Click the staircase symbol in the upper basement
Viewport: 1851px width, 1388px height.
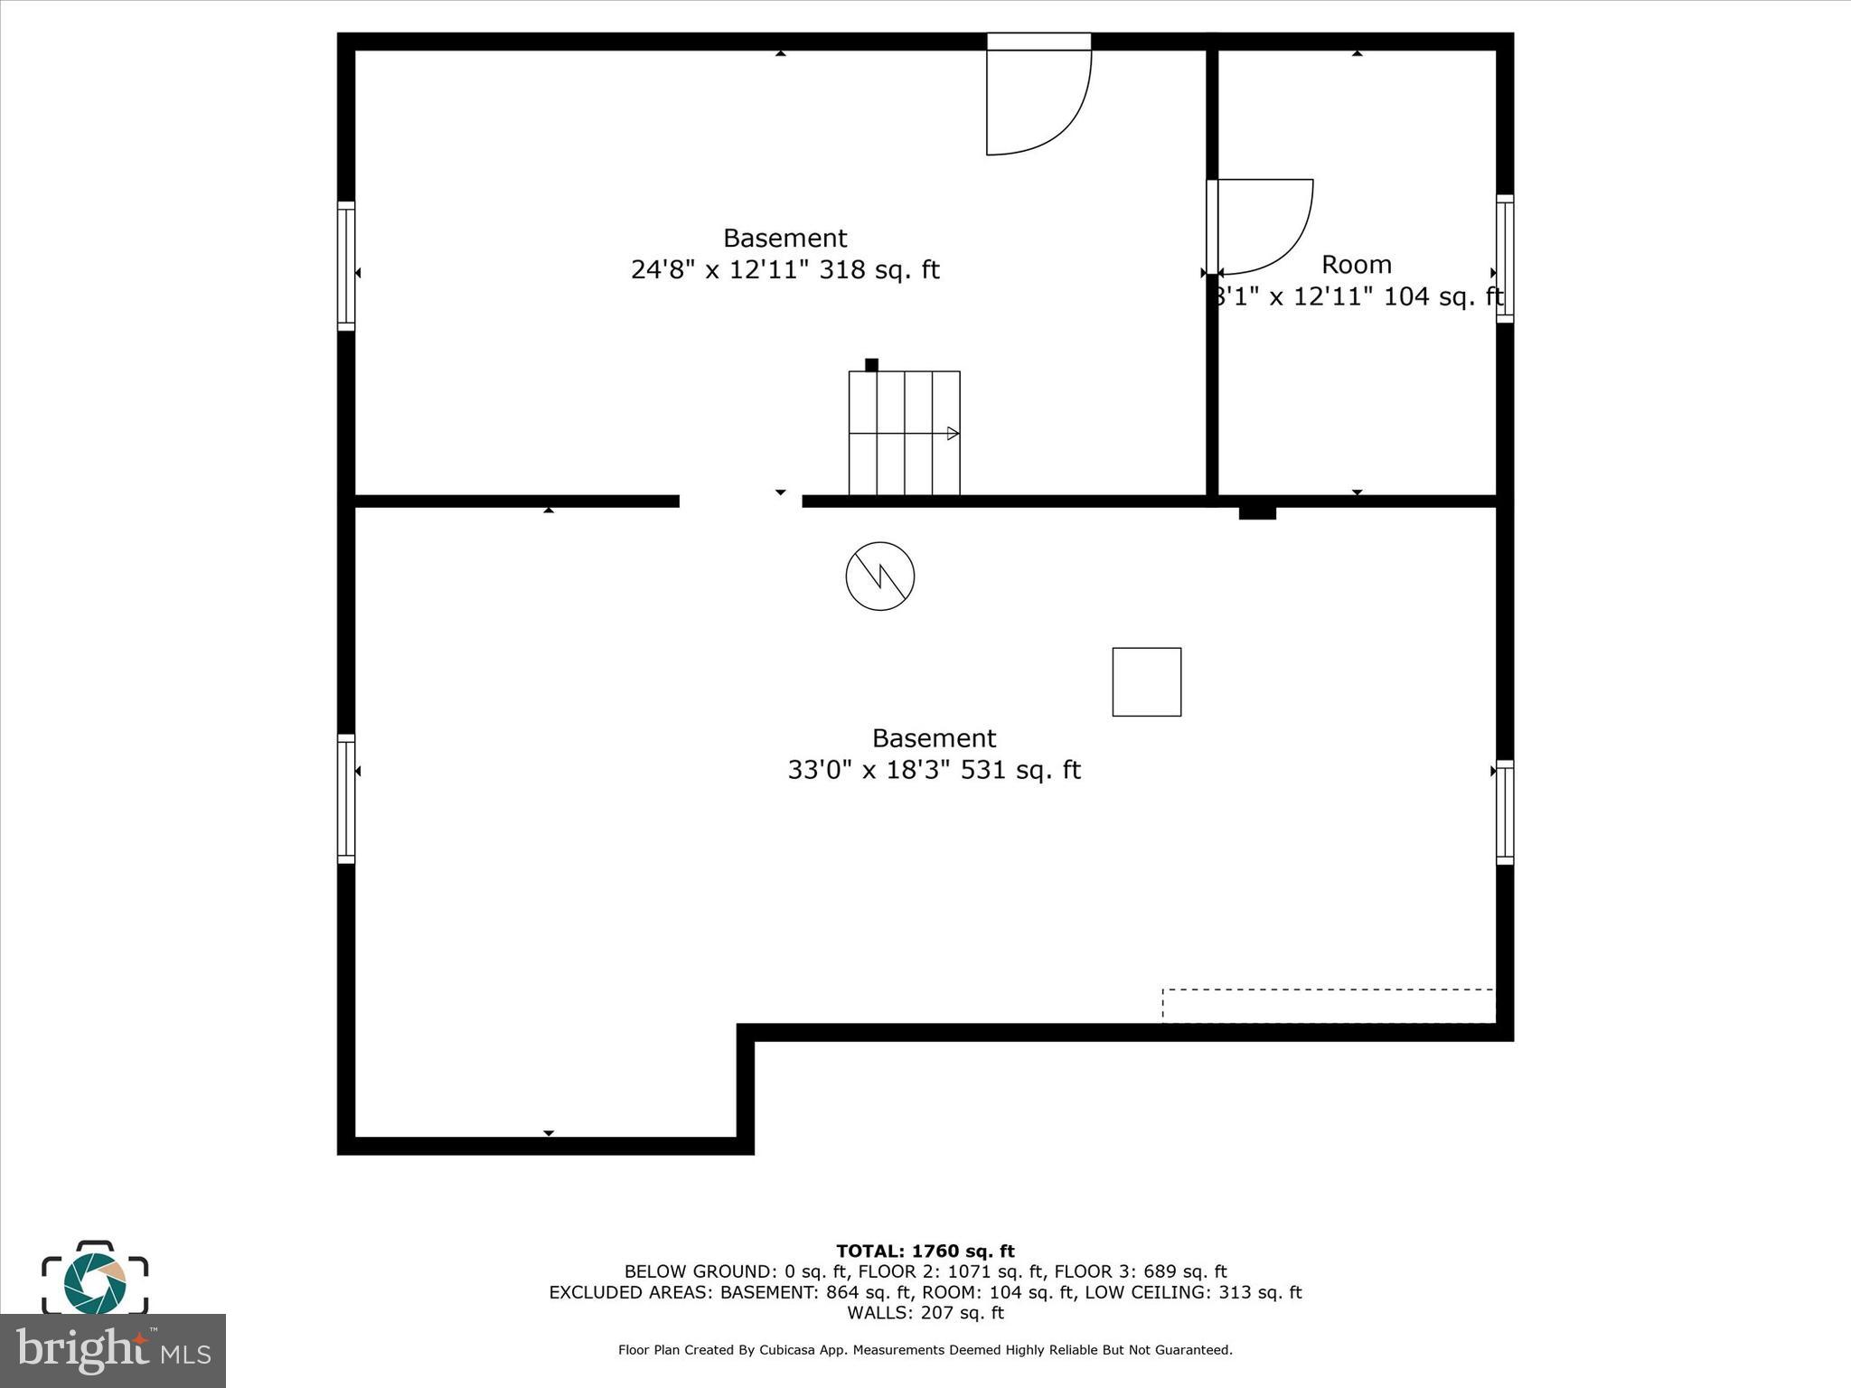coord(904,433)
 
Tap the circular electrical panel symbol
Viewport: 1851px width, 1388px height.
coord(879,576)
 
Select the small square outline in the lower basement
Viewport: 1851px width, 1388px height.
coord(1146,681)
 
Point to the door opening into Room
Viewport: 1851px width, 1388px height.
coord(1262,226)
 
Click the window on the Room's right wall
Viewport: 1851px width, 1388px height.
coord(1504,258)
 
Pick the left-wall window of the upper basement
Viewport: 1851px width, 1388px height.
coord(346,266)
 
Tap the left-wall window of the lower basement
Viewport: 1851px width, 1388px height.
coord(346,799)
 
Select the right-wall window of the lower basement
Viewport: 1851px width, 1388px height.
coord(1504,812)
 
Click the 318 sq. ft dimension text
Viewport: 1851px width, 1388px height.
coord(785,270)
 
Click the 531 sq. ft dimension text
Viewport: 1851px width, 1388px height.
coord(934,770)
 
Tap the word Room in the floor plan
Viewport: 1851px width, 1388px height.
coord(1356,265)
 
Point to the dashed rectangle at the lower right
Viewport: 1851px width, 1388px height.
coord(1328,1006)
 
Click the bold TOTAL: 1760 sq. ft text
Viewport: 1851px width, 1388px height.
coord(925,1251)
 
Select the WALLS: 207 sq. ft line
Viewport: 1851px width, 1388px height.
coord(925,1312)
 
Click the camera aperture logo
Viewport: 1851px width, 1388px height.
coord(94,1282)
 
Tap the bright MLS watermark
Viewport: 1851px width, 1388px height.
coord(112,1350)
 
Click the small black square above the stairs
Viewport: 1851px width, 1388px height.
coord(871,365)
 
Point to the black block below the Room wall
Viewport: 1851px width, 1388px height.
coord(1256,513)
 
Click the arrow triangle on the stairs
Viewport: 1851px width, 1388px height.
coord(953,434)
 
